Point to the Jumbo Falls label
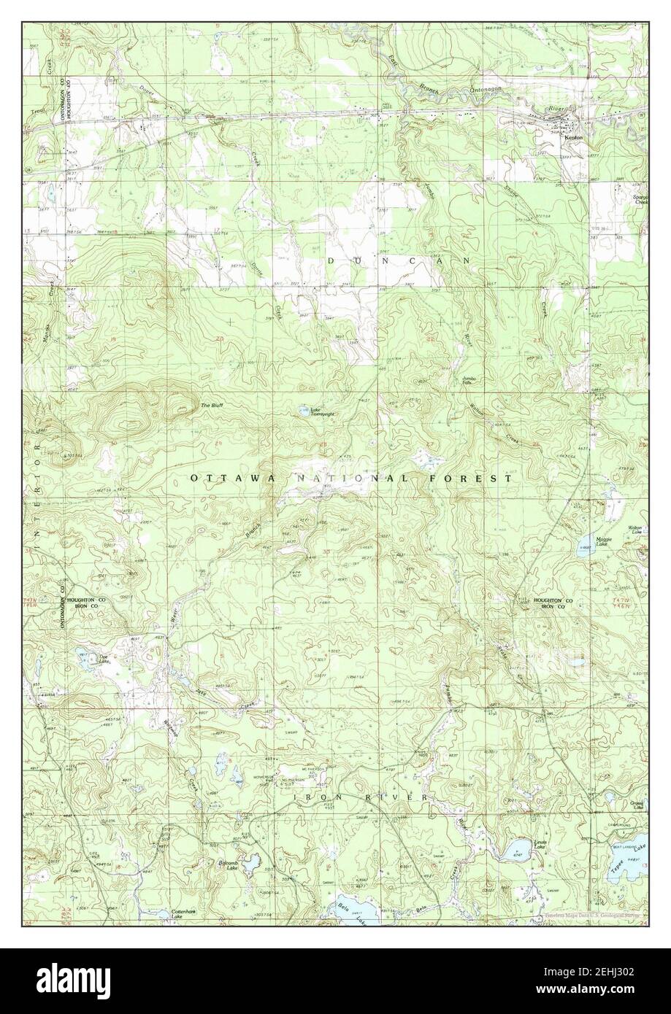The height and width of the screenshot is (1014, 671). [x=469, y=382]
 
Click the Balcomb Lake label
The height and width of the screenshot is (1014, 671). [x=228, y=866]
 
